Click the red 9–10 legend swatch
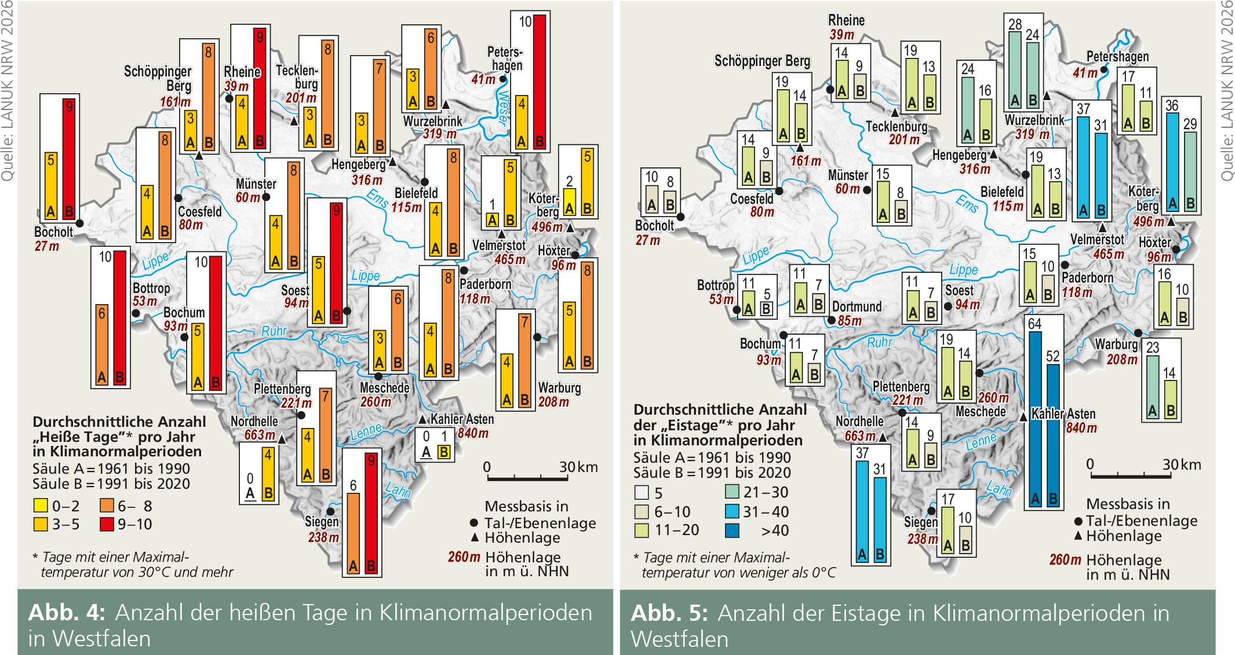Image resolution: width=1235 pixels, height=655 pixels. coord(107,524)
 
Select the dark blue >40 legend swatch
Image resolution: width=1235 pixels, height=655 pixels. coord(732,530)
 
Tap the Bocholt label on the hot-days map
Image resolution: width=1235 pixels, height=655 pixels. coord(53,232)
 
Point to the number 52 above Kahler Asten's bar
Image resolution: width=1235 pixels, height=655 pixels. coord(1053,356)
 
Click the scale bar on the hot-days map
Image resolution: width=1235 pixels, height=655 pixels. coord(527,478)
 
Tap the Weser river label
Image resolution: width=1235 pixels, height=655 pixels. coord(503,108)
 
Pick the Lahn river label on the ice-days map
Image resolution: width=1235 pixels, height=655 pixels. coord(999,489)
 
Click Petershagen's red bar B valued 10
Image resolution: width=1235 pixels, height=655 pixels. coord(540,82)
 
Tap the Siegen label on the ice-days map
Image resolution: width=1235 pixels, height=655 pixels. coord(920,522)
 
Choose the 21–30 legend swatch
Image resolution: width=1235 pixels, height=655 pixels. coord(732,492)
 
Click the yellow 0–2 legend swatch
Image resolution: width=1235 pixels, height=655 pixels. coord(41,506)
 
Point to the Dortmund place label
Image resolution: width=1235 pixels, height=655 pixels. coord(857,307)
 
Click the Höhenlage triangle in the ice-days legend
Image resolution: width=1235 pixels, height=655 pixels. coord(1078,536)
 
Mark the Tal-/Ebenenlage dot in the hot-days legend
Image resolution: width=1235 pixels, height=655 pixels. coord(475,523)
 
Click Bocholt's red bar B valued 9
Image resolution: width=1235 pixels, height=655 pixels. coord(69,159)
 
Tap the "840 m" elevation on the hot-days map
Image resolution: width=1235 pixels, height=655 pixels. coord(473,433)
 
